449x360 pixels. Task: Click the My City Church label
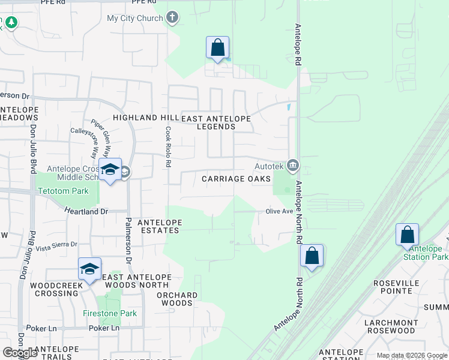click(134, 18)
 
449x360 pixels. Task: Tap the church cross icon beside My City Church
click(173, 17)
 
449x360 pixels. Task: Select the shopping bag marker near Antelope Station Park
click(407, 235)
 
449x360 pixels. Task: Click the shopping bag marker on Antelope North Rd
click(312, 256)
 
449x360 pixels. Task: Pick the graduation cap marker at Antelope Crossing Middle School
click(110, 170)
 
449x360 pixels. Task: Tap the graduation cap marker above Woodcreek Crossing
click(89, 269)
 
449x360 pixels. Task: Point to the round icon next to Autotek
click(293, 164)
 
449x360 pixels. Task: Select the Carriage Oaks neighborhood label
click(236, 179)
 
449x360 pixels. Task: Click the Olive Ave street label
click(279, 211)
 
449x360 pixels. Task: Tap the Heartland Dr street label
click(87, 211)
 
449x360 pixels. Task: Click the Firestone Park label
click(110, 313)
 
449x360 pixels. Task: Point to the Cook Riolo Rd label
click(169, 146)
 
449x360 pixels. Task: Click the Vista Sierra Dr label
click(57, 245)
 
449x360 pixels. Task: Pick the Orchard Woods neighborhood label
click(177, 299)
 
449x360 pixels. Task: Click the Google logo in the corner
click(20, 353)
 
